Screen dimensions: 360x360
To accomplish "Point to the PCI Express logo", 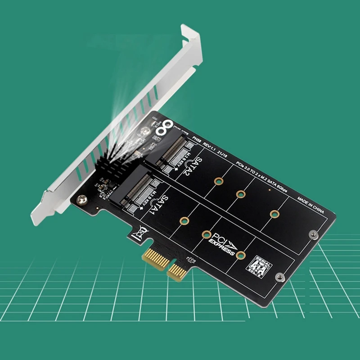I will click(221, 243).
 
